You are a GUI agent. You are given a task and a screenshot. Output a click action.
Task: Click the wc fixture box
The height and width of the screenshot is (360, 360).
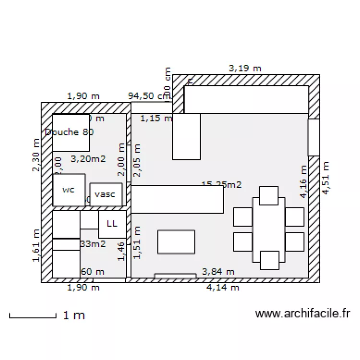pyautogui.click(x=69, y=190)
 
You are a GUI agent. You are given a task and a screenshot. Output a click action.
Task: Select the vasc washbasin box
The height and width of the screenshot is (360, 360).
pyautogui.click(x=106, y=194)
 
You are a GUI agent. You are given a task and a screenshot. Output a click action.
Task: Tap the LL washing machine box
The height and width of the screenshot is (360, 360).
pyautogui.click(x=112, y=224)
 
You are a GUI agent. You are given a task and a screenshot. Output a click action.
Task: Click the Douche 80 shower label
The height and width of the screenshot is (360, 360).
pyautogui.click(x=69, y=132)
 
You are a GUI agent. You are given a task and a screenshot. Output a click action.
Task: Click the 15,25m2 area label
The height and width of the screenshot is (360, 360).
pyautogui.click(x=221, y=184)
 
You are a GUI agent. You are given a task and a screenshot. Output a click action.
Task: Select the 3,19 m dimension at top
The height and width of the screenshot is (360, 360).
pyautogui.click(x=245, y=68)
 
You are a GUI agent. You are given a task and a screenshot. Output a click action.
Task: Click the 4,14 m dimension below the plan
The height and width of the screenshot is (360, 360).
pyautogui.click(x=223, y=288)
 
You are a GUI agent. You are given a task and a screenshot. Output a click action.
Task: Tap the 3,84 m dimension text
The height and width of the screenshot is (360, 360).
pyautogui.click(x=218, y=272)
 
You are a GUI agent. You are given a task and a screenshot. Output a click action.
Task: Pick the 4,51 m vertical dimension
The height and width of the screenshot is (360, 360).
pyautogui.click(x=326, y=178)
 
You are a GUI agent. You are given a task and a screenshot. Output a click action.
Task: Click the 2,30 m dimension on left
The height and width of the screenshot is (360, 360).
pyautogui.click(x=36, y=155)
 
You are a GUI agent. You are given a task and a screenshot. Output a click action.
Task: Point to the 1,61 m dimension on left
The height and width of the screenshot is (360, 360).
pyautogui.click(x=36, y=246)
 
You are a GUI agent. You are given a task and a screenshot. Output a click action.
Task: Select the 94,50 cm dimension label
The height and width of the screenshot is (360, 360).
pyautogui.click(x=149, y=96)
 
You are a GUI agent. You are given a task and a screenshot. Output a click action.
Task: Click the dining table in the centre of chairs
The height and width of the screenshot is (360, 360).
pyautogui.click(x=269, y=229)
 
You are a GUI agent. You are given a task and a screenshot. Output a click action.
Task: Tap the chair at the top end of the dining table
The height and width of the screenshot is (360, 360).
pyautogui.click(x=269, y=195)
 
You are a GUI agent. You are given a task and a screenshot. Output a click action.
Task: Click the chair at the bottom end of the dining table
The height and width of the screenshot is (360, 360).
pyautogui.click(x=269, y=260)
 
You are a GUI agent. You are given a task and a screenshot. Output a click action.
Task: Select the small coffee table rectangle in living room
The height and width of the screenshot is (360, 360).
pyautogui.click(x=176, y=242)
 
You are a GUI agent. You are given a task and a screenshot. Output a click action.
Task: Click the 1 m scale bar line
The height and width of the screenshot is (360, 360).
pyautogui.click(x=33, y=316)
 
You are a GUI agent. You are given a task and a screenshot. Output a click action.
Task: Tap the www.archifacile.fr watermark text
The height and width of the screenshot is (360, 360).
pyautogui.click(x=303, y=314)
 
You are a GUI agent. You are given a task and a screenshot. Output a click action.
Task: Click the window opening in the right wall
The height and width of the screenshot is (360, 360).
pyautogui.click(x=313, y=137)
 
